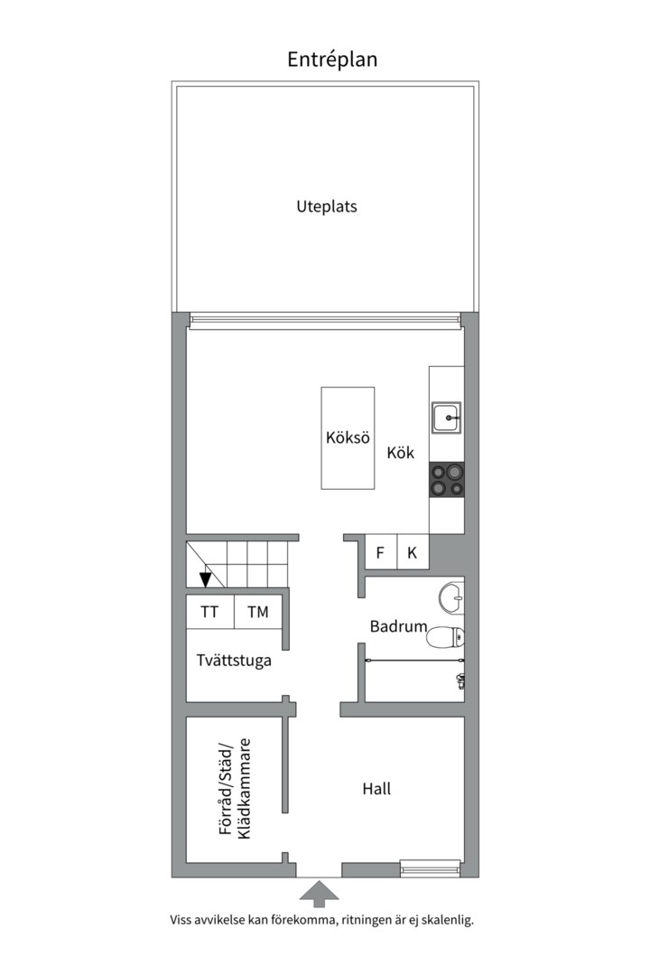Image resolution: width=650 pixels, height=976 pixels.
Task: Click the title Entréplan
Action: [x=332, y=60]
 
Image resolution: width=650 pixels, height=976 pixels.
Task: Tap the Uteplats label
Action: [x=327, y=206]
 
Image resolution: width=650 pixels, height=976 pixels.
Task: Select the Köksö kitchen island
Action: [x=348, y=438]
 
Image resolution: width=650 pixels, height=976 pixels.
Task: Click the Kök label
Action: [x=401, y=453]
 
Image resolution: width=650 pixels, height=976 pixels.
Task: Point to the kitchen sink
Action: [x=446, y=418]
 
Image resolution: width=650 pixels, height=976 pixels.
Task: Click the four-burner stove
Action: [x=447, y=479]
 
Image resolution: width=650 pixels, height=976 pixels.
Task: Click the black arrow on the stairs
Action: [x=206, y=579]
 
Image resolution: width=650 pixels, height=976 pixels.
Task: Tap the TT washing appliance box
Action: [x=209, y=612]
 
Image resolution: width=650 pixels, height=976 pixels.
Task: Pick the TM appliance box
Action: [x=258, y=612]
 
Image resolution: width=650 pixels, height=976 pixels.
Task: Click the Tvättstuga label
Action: [x=234, y=661]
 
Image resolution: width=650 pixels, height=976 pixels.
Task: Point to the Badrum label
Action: [x=398, y=625]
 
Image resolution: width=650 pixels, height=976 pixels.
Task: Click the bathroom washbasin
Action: [x=451, y=597]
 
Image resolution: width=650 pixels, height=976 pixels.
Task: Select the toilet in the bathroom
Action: [x=447, y=637]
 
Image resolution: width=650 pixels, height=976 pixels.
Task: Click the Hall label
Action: [x=376, y=789]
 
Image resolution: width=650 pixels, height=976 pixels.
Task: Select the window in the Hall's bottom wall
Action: [x=431, y=869]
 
